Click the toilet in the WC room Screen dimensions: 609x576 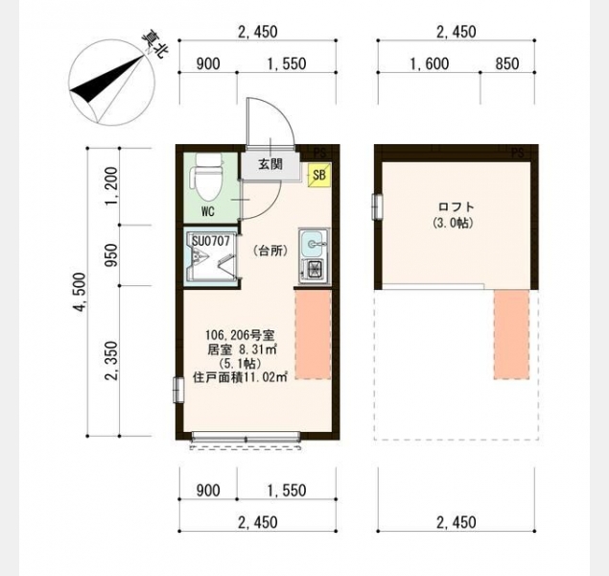(206, 178)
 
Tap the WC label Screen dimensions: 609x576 (208, 212)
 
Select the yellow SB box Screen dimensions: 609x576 (319, 175)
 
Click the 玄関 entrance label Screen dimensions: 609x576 (270, 164)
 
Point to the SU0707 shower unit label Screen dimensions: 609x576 (211, 241)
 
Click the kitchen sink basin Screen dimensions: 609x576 (314, 244)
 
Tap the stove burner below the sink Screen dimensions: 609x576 (313, 270)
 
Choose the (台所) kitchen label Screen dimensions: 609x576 (270, 252)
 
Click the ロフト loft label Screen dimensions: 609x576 (456, 206)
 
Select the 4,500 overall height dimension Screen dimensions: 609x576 (81, 292)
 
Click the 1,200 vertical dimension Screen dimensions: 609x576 (111, 183)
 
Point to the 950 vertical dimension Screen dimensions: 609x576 (112, 255)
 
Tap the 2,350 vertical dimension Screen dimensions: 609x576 (111, 361)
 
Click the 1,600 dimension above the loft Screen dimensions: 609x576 (429, 63)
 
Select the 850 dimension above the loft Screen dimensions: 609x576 (507, 63)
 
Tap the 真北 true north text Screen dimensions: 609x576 (154, 45)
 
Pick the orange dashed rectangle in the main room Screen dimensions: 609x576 (313, 334)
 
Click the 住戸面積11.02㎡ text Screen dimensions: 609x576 (240, 377)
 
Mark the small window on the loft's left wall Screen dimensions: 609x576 (376, 206)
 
